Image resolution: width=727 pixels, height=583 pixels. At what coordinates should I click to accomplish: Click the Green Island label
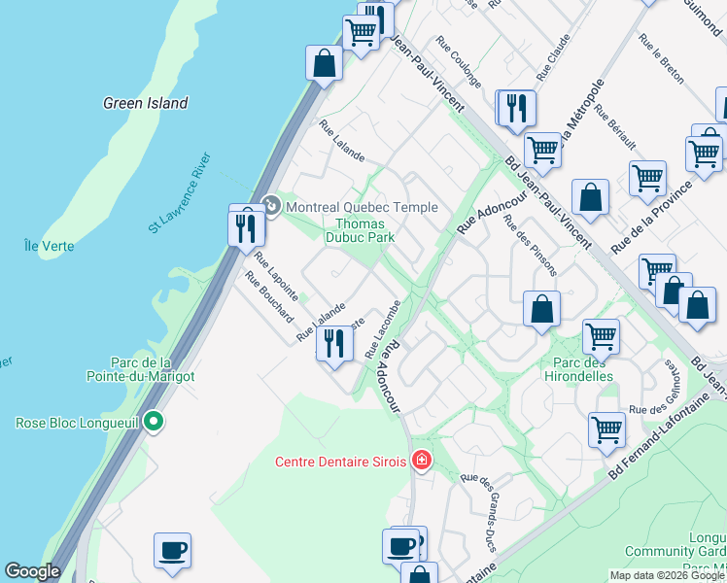[x=146, y=103]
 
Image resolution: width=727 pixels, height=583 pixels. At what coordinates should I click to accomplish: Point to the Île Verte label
[x=49, y=246]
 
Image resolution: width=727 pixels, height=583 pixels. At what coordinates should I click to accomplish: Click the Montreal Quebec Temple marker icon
[x=271, y=206]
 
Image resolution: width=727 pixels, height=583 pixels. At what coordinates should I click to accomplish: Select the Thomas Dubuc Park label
[x=359, y=229]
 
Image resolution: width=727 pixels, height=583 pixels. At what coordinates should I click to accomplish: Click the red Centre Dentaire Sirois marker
[x=422, y=461]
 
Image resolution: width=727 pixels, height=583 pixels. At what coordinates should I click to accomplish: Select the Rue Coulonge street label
[x=459, y=62]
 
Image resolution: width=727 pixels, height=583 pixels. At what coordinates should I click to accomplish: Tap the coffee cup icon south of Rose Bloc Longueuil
[x=173, y=551]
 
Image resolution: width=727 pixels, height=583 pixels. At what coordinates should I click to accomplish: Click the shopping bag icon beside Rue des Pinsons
[x=541, y=310]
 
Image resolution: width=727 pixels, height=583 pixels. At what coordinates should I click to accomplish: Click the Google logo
[x=32, y=571]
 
